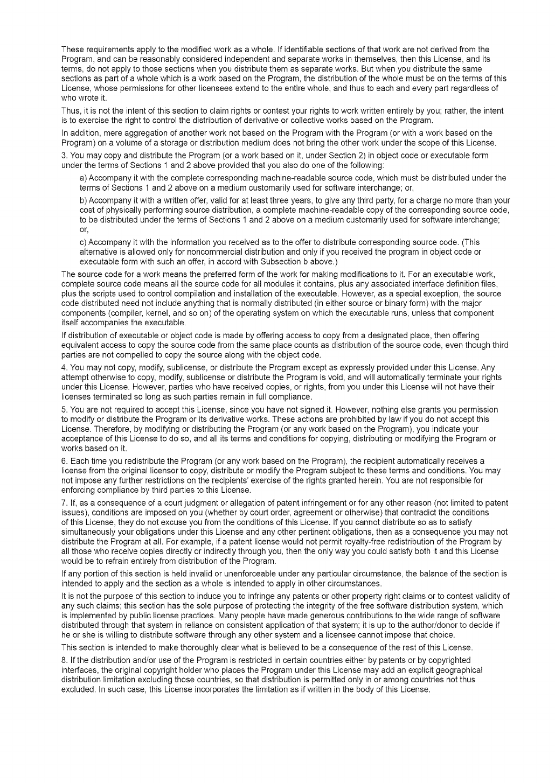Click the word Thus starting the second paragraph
(70, 111)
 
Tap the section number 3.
(64, 156)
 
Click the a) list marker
(83, 178)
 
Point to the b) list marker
(83, 200)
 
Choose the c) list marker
(83, 242)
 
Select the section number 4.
(64, 368)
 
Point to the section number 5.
(64, 410)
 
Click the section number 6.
(64, 461)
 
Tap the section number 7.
(64, 503)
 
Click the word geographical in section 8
(459, 670)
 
